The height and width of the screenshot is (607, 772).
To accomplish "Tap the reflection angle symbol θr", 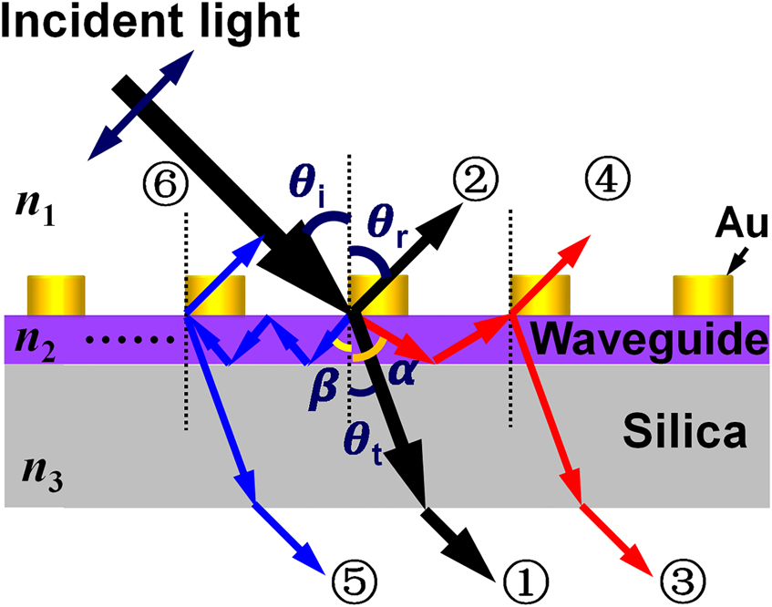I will (388, 222).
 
